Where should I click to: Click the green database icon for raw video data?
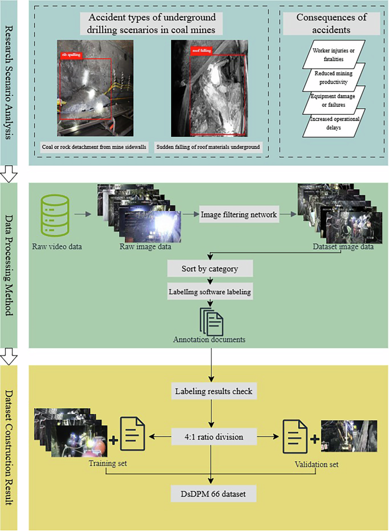(x=55, y=215)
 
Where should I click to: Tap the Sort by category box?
(x=210, y=267)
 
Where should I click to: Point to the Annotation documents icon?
(x=210, y=321)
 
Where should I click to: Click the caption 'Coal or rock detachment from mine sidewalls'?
(x=94, y=147)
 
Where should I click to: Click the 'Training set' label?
(x=107, y=463)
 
